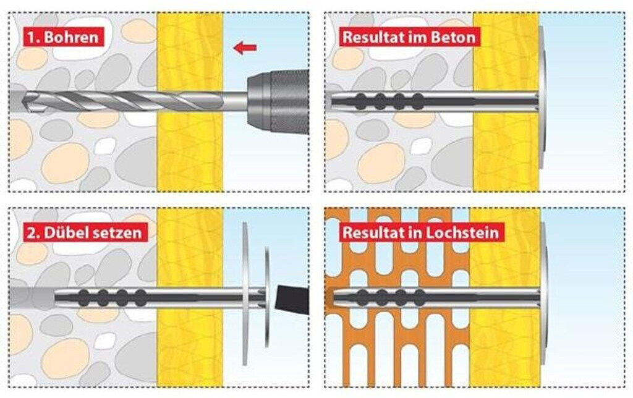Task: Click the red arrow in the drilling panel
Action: tap(245, 48)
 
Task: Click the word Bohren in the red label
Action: tap(72, 37)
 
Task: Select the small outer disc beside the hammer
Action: tap(267, 297)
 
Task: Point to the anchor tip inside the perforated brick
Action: tap(338, 298)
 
